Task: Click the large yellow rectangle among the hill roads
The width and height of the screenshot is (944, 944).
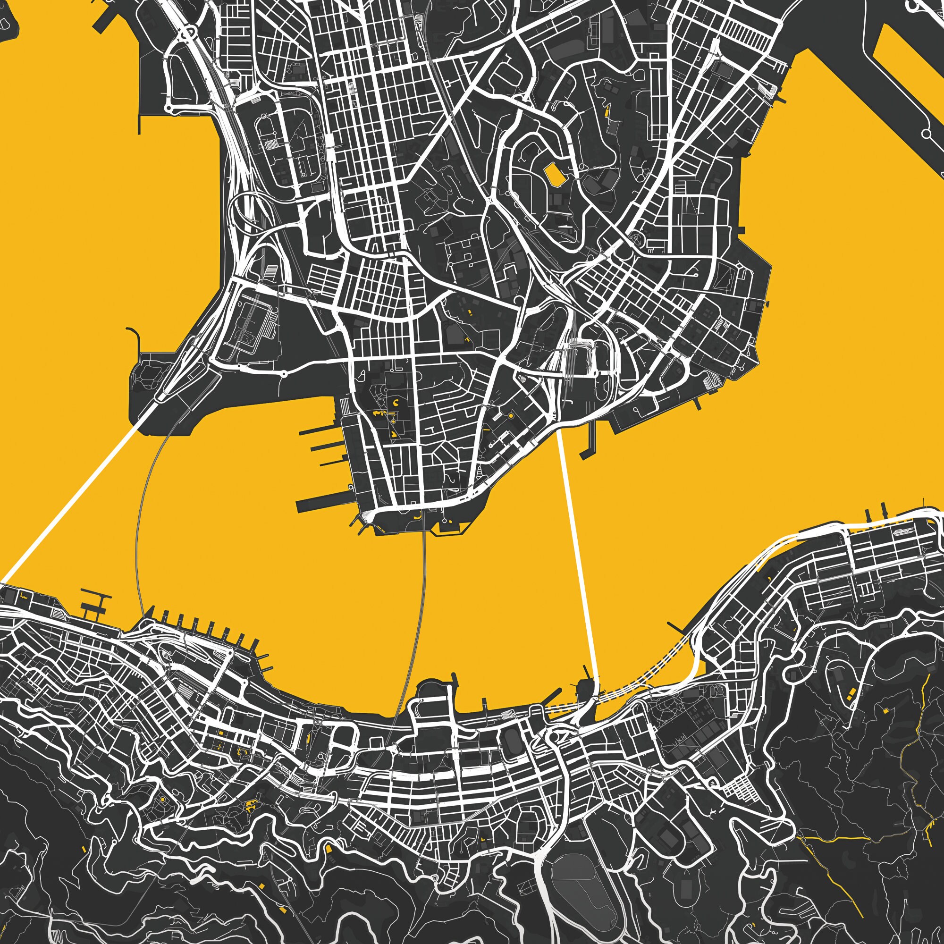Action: point(554,174)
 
